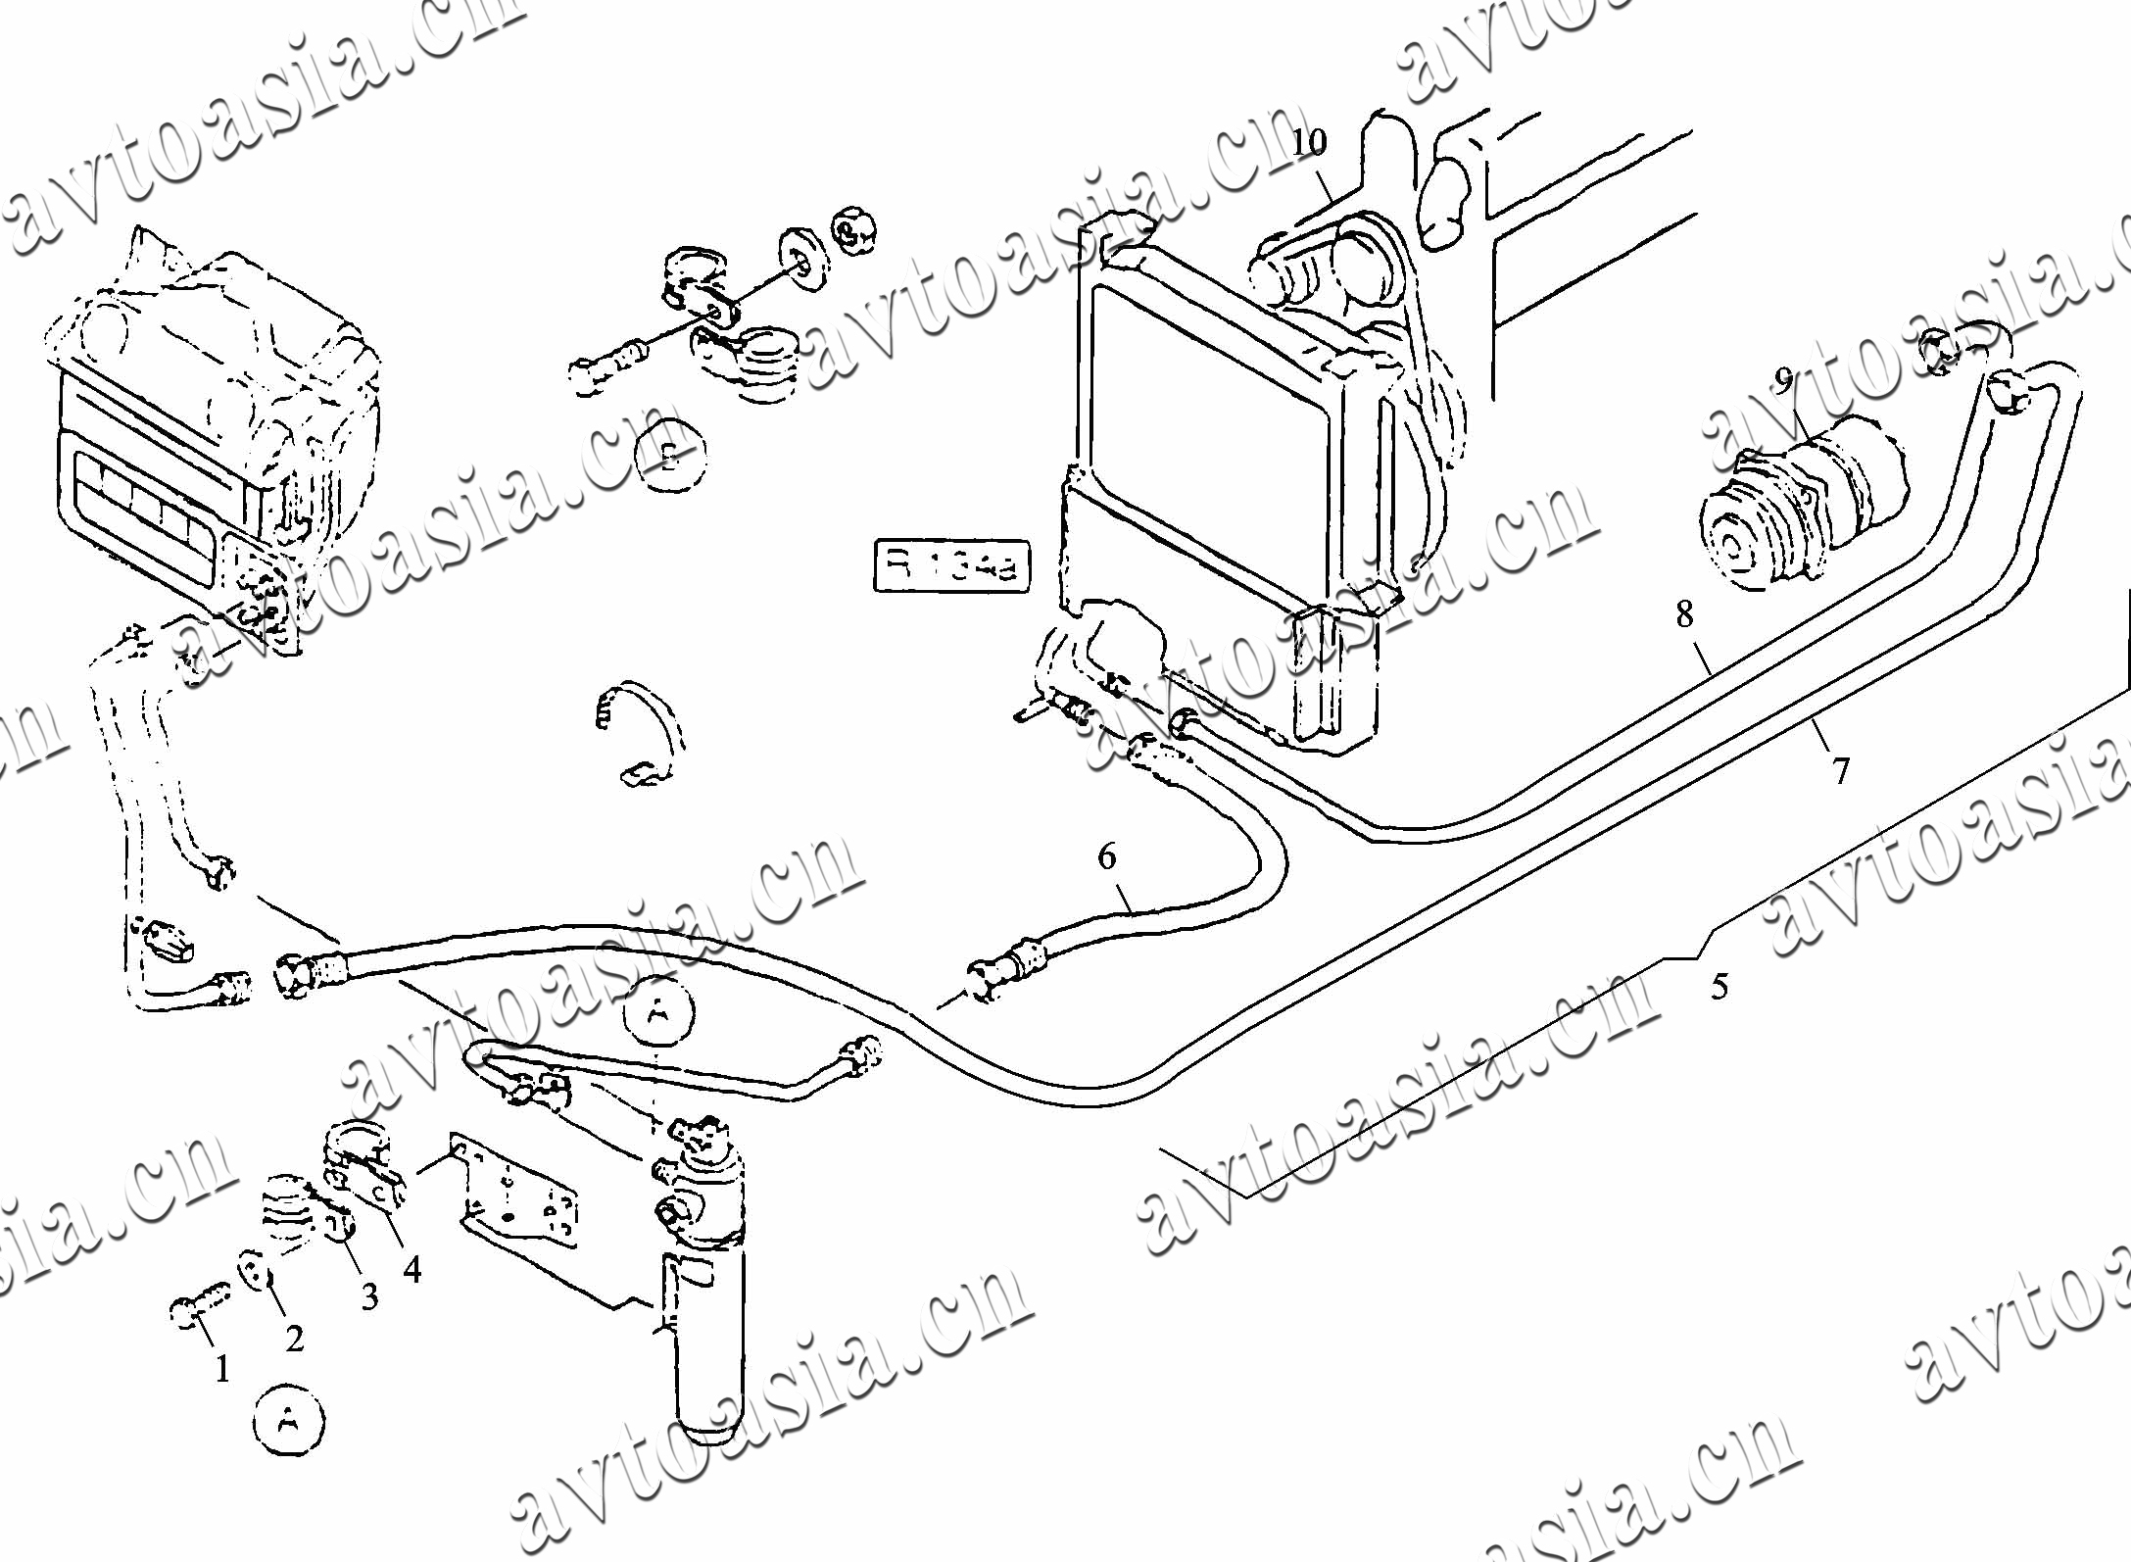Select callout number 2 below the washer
click(x=294, y=1338)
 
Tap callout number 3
click(x=368, y=1296)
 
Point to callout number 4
click(x=412, y=1269)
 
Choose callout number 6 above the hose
click(x=1106, y=857)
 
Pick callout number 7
click(x=1841, y=771)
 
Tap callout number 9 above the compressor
click(x=1783, y=379)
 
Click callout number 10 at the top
click(x=1308, y=143)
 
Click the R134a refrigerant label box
click(x=950, y=564)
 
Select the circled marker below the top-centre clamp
click(x=669, y=454)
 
